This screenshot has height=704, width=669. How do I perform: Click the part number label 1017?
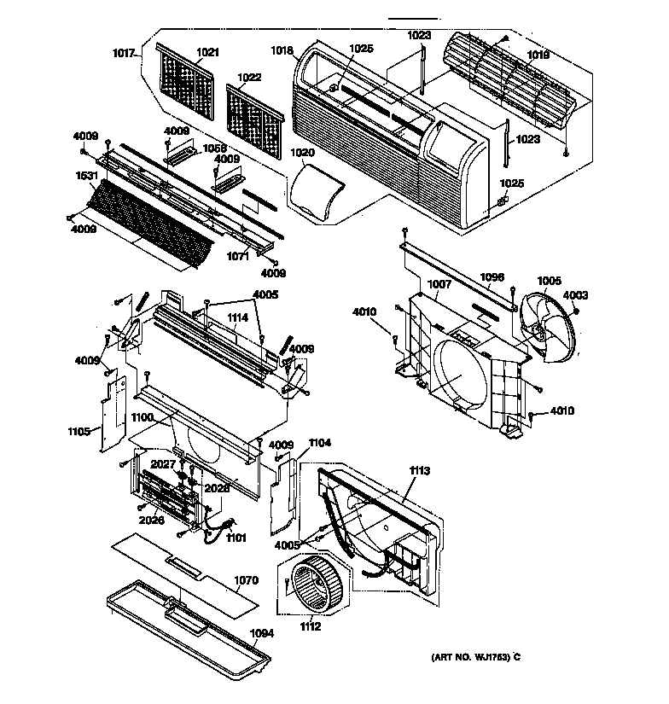tap(124, 54)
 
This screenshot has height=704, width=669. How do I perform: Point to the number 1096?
tap(492, 276)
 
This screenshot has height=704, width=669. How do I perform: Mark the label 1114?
tap(238, 317)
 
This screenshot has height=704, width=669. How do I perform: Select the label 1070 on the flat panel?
tap(246, 580)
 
